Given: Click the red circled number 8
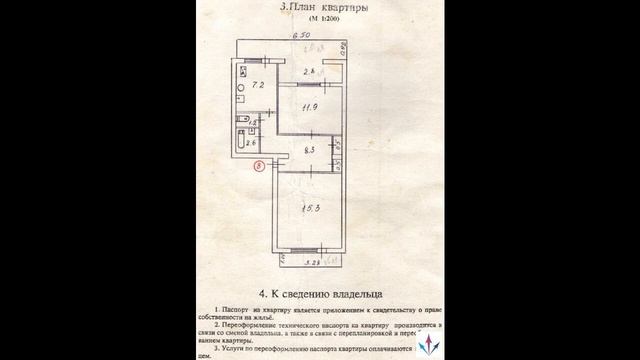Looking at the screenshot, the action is (260, 167).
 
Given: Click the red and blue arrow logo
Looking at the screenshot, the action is (431, 341).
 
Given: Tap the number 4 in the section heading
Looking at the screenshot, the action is (262, 295).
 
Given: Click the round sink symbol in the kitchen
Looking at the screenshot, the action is (243, 98).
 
